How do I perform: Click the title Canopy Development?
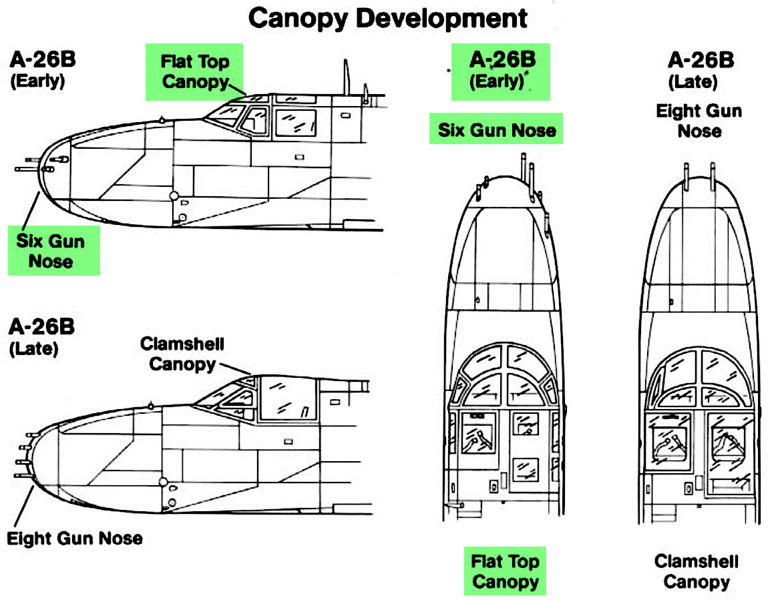point(387,19)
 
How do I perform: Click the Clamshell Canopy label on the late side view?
point(182,354)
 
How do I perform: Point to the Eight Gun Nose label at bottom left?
point(75,538)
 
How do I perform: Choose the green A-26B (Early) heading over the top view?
point(501,71)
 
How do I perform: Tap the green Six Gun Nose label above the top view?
point(496,129)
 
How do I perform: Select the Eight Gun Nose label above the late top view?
point(699,120)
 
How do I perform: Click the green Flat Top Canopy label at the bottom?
point(505,571)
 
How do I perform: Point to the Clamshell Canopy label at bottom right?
point(696,571)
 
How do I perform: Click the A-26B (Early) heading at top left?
point(42,69)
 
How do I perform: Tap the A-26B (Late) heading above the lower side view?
point(41,337)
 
